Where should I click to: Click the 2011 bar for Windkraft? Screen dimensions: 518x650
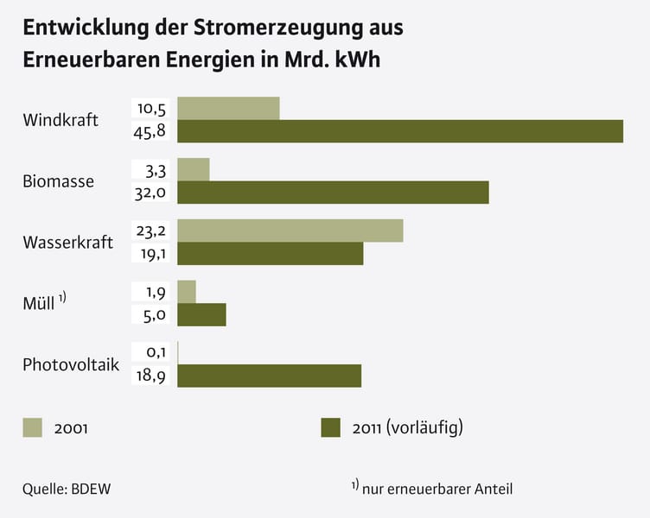[x=400, y=131]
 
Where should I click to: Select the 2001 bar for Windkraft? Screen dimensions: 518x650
[x=228, y=108]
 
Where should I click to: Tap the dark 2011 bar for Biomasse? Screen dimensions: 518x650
[x=333, y=193]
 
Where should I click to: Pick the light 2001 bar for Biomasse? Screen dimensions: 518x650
[x=194, y=169]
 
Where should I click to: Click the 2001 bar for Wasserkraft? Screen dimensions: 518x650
[x=290, y=231]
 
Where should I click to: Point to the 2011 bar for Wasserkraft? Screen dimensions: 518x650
[x=271, y=254]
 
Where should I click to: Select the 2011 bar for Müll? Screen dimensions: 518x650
[x=201, y=315]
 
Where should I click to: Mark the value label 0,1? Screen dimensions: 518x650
[x=152, y=353]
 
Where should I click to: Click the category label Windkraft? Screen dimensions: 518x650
[x=61, y=119]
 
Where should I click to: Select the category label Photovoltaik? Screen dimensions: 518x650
[x=71, y=364]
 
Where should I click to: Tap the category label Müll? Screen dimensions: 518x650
[x=39, y=304]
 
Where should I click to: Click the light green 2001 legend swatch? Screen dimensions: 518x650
[x=32, y=427]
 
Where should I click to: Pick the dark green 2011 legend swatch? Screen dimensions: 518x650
[x=331, y=427]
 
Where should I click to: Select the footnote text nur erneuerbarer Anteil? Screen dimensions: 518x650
[x=437, y=490]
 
